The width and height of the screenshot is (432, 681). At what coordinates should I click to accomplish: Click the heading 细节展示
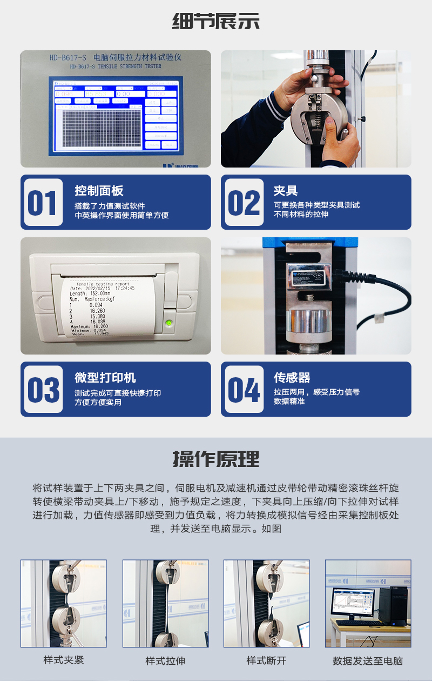click(x=216, y=22)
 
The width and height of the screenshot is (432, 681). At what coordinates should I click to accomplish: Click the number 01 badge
click(x=42, y=203)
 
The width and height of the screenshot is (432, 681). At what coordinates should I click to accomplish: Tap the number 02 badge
click(x=244, y=203)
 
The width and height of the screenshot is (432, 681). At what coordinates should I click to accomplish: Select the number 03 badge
click(x=43, y=390)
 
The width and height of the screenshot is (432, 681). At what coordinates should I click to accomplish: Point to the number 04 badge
click(x=244, y=390)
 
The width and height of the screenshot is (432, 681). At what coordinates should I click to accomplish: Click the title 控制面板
click(x=99, y=190)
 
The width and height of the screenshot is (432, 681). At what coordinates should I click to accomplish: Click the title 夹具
click(x=285, y=190)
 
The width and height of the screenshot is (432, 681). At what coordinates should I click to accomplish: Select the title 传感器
click(x=292, y=377)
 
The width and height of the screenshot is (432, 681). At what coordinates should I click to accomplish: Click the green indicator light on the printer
click(x=168, y=324)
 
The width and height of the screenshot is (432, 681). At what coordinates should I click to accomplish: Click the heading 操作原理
click(x=216, y=459)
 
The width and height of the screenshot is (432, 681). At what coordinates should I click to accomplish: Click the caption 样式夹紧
click(x=64, y=660)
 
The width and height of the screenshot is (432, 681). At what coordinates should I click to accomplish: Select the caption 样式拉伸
click(x=165, y=660)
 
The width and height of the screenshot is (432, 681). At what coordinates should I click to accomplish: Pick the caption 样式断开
click(x=266, y=660)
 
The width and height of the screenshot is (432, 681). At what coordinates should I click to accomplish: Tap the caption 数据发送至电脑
click(x=368, y=660)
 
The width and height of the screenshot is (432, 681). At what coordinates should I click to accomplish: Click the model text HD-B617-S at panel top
click(x=67, y=57)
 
